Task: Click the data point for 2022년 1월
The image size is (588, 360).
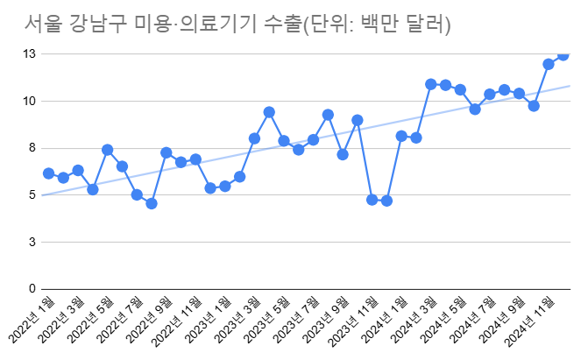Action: (x=49, y=173)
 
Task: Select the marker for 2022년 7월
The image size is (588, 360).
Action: (x=137, y=194)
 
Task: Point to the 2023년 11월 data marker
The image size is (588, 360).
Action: (x=372, y=200)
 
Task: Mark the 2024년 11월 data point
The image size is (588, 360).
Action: (x=549, y=64)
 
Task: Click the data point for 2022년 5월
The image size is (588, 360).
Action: (x=108, y=150)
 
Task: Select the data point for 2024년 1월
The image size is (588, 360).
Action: (x=401, y=136)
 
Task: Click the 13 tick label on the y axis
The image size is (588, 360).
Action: (x=29, y=54)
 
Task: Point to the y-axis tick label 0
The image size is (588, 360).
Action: (x=32, y=289)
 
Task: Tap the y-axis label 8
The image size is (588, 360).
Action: (x=32, y=148)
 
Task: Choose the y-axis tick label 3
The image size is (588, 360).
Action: (x=32, y=242)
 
